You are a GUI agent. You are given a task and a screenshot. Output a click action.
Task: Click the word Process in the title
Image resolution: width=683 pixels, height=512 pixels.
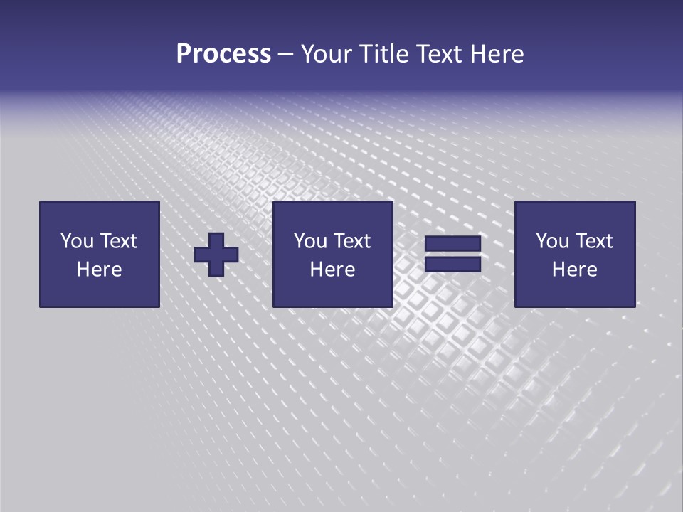pyautogui.click(x=223, y=54)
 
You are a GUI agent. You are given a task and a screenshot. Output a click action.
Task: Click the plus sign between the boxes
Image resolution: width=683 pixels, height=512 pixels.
pyautogui.click(x=216, y=255)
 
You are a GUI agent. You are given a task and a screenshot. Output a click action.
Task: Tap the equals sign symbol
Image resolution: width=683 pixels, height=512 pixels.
pyautogui.click(x=452, y=254)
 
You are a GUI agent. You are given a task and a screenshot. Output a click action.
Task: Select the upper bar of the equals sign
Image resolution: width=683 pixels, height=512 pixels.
pyautogui.click(x=452, y=245)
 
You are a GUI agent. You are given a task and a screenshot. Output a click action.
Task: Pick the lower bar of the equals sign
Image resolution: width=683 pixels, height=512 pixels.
pyautogui.click(x=452, y=264)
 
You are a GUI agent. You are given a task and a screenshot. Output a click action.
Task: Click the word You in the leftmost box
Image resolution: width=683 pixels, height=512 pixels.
pyautogui.click(x=76, y=241)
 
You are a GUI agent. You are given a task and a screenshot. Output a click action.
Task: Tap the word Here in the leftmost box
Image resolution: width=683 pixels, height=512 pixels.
pyautogui.click(x=99, y=270)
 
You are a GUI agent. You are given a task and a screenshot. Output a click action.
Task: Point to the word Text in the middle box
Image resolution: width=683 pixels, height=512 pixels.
pyautogui.click(x=351, y=241)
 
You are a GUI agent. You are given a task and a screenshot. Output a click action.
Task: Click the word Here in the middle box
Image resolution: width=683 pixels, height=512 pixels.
pyautogui.click(x=332, y=270)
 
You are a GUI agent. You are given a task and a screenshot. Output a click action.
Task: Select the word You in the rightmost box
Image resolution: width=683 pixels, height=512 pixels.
pyautogui.click(x=552, y=241)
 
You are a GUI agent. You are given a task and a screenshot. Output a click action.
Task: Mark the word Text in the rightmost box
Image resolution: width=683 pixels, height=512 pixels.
pyautogui.click(x=593, y=241)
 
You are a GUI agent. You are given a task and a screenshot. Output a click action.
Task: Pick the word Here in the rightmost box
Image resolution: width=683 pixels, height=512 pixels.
pyautogui.click(x=574, y=270)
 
